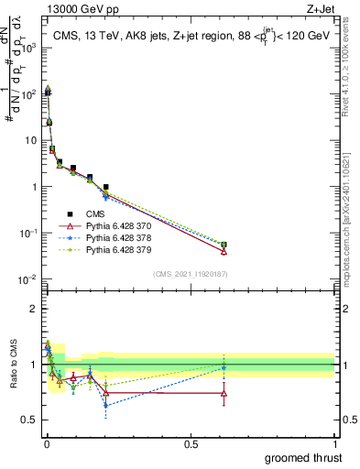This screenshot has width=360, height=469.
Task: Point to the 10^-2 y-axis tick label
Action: [28, 279]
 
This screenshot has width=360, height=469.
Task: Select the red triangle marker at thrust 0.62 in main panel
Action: [224, 251]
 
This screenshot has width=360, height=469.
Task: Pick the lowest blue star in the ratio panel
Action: [106, 405]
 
